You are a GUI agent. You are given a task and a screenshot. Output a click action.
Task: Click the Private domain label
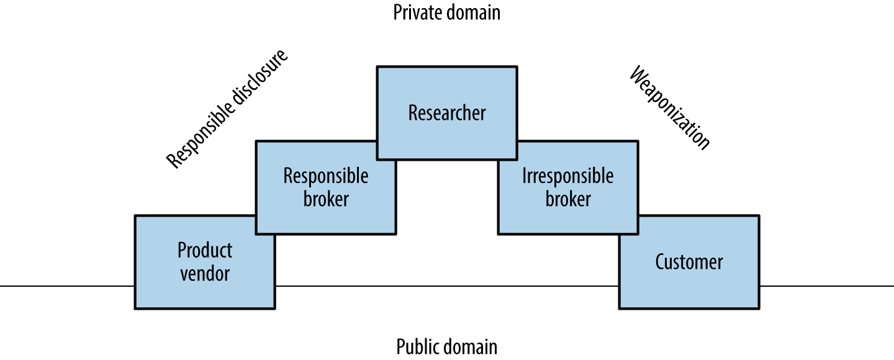point(447,12)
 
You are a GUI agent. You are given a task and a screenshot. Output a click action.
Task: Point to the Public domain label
point(447,346)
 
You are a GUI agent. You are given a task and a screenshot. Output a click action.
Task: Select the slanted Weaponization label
point(669,109)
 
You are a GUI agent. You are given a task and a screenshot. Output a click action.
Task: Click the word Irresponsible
point(567,176)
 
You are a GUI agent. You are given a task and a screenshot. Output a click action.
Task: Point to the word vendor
point(205,273)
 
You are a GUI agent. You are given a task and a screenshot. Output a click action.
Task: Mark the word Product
point(205,251)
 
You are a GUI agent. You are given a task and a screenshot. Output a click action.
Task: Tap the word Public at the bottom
point(415,346)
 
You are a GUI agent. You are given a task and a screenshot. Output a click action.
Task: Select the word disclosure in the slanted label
point(255,84)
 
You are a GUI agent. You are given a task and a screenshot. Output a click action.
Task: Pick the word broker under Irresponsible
point(567,199)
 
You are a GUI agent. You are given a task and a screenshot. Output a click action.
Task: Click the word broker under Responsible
point(326,199)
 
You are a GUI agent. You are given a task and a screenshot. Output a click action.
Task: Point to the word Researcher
point(447,114)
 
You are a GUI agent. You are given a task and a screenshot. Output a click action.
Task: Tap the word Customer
point(689,262)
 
